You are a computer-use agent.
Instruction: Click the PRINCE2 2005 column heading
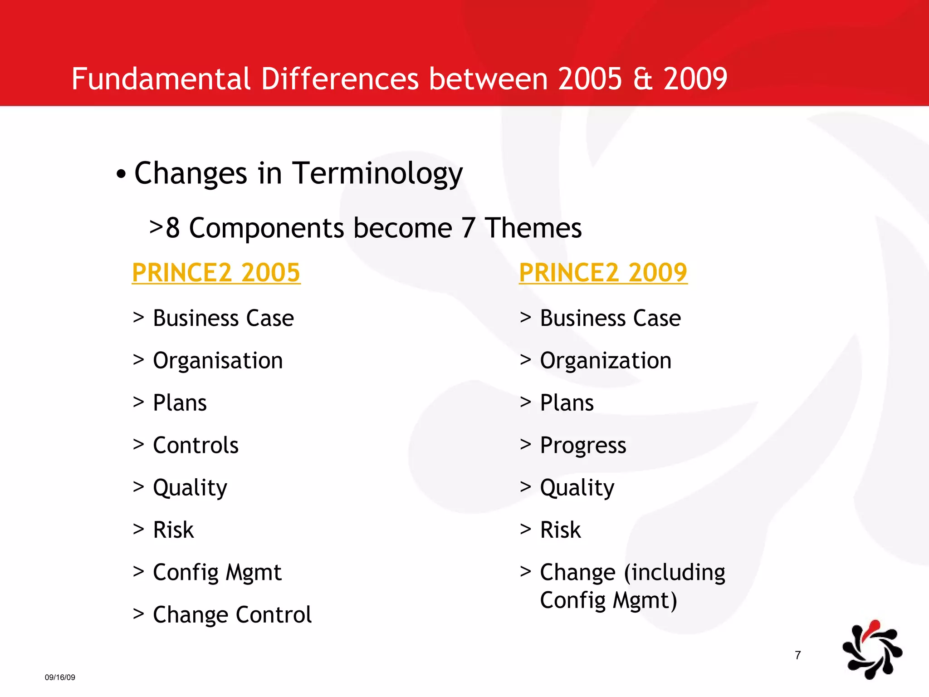(x=216, y=273)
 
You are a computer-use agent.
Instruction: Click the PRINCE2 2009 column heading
(x=603, y=273)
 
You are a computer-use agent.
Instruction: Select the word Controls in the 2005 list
(x=196, y=445)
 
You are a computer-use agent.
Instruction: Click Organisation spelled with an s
(x=218, y=361)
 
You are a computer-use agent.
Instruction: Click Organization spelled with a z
(x=606, y=361)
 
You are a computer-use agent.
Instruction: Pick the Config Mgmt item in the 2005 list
(x=217, y=573)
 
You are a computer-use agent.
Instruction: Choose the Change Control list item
(x=232, y=615)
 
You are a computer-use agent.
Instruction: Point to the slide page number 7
(x=798, y=655)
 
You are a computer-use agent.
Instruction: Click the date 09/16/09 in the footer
(x=60, y=677)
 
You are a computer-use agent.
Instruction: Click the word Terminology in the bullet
(x=377, y=174)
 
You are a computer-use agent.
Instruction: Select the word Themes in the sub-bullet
(x=533, y=228)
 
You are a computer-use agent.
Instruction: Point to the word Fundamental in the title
(x=161, y=79)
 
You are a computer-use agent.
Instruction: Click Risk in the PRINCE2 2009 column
(x=560, y=530)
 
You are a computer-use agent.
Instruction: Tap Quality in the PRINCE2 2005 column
(x=190, y=488)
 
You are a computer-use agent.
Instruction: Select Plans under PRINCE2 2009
(x=567, y=403)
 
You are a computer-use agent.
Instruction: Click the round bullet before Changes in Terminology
(x=121, y=174)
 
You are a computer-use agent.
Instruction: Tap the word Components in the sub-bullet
(x=267, y=228)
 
